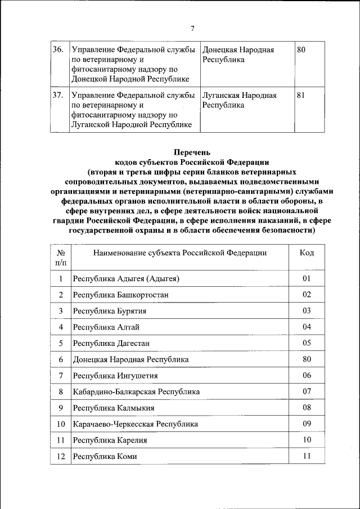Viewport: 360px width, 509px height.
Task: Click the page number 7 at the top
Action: (192, 29)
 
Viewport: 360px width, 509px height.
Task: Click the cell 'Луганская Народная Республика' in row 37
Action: (240, 100)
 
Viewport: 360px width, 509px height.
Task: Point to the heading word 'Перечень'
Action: (192, 152)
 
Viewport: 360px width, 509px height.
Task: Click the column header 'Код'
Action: (307, 253)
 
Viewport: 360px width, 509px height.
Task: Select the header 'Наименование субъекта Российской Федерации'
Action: (180, 253)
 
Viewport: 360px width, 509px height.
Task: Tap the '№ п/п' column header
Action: (60, 257)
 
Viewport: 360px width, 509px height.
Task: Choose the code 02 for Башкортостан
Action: (307, 294)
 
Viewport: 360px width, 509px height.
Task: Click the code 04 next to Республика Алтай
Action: (307, 326)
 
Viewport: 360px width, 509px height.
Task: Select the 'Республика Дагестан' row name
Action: (111, 343)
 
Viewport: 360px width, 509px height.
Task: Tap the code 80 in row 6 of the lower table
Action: (307, 359)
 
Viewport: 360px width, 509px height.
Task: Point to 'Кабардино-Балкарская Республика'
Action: (136, 391)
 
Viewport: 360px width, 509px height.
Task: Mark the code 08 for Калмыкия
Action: (307, 407)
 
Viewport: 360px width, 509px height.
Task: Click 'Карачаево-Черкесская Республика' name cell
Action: (136, 424)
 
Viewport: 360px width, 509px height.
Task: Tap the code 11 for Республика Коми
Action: (307, 456)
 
